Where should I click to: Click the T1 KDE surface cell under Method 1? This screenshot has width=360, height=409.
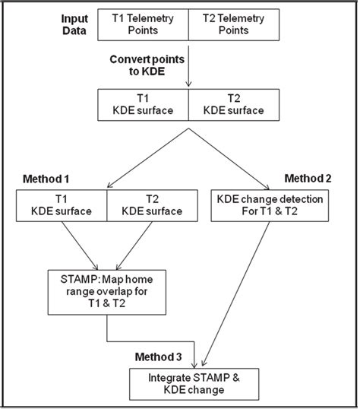click(x=62, y=205)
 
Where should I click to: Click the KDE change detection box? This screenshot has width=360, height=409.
click(x=269, y=205)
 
